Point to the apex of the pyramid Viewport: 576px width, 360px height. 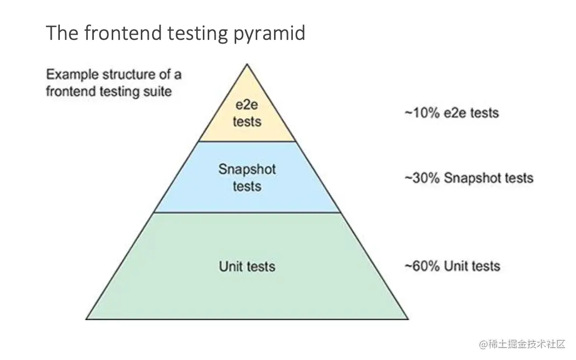click(247, 65)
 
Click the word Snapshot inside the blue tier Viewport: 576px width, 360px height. click(247, 169)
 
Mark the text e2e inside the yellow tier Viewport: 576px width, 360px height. click(247, 105)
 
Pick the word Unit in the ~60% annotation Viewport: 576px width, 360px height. click(454, 266)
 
